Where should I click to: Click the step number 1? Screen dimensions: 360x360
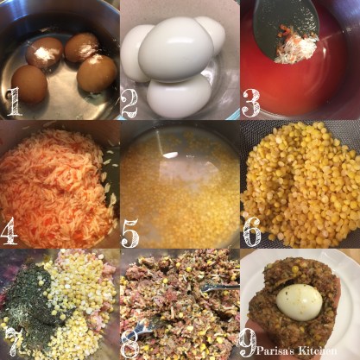(x=15, y=101)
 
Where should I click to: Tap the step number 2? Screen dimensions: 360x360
(x=130, y=104)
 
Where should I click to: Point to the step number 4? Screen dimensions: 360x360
(x=9, y=231)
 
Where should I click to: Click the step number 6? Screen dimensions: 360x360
(x=251, y=232)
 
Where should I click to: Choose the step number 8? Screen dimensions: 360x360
(x=131, y=344)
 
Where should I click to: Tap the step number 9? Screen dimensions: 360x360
(x=248, y=343)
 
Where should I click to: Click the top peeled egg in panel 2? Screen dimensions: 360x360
(x=174, y=49)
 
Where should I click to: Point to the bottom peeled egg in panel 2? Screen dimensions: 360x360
(x=179, y=96)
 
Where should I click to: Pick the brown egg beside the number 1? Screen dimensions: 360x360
(x=29, y=84)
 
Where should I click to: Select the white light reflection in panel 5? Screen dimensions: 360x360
(x=169, y=155)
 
